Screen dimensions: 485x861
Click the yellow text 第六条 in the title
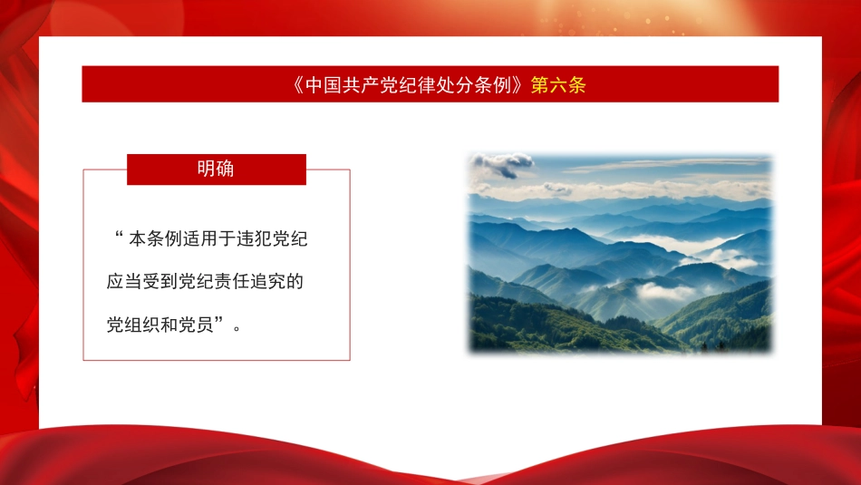(558, 85)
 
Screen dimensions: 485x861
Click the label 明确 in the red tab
(216, 169)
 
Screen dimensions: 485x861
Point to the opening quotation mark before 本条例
(118, 238)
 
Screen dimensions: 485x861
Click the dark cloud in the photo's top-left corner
(503, 164)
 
